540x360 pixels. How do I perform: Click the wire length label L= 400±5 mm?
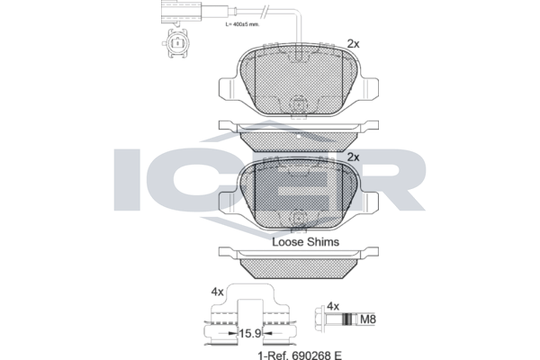coord(242,24)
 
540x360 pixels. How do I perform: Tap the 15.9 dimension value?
coord(250,334)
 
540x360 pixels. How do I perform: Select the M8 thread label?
coord(368,319)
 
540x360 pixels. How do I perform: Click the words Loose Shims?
coord(305,242)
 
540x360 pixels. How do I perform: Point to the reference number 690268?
coord(311,355)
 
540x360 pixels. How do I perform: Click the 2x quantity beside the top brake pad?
coord(354,44)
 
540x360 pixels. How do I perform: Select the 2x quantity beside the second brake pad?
coord(354,157)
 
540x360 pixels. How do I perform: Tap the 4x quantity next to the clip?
coord(217,292)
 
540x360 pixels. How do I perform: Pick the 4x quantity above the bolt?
coord(333,306)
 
